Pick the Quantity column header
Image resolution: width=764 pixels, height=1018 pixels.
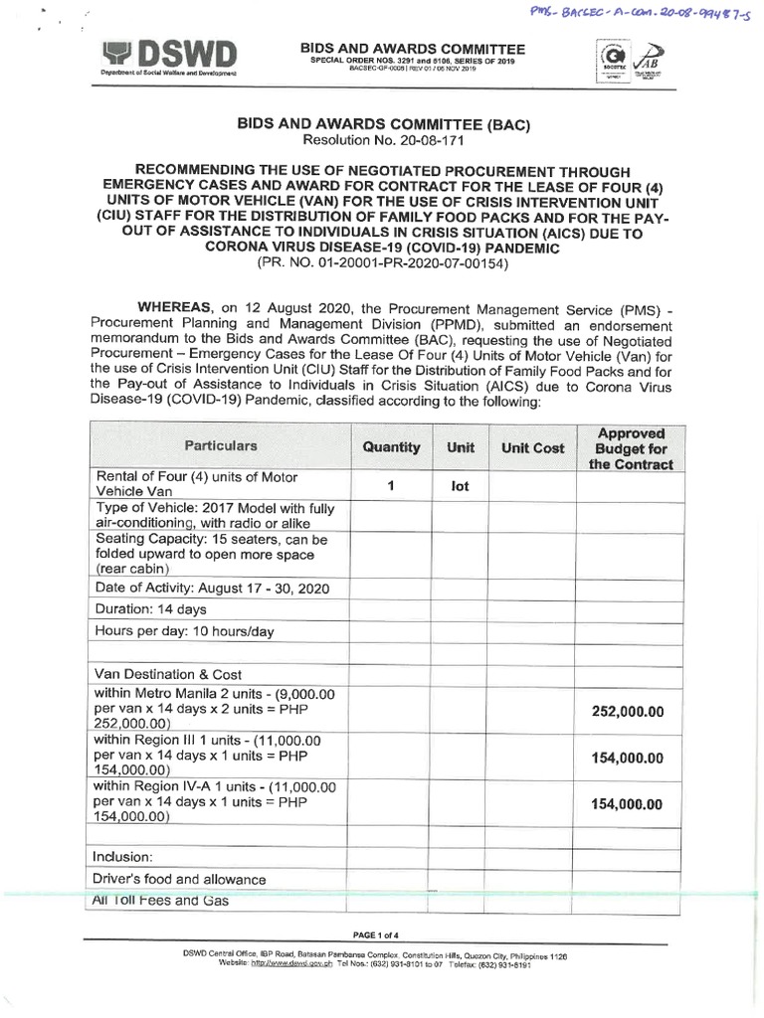(x=391, y=447)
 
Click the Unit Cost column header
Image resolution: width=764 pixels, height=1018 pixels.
(x=532, y=448)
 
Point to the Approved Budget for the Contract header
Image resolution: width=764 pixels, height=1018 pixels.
(x=630, y=448)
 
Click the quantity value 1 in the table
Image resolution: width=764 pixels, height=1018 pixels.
(x=392, y=486)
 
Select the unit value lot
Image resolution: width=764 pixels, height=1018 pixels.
(x=460, y=488)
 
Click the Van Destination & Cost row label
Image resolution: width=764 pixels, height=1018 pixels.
(x=167, y=674)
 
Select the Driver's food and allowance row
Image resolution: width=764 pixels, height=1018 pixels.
(x=179, y=879)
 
